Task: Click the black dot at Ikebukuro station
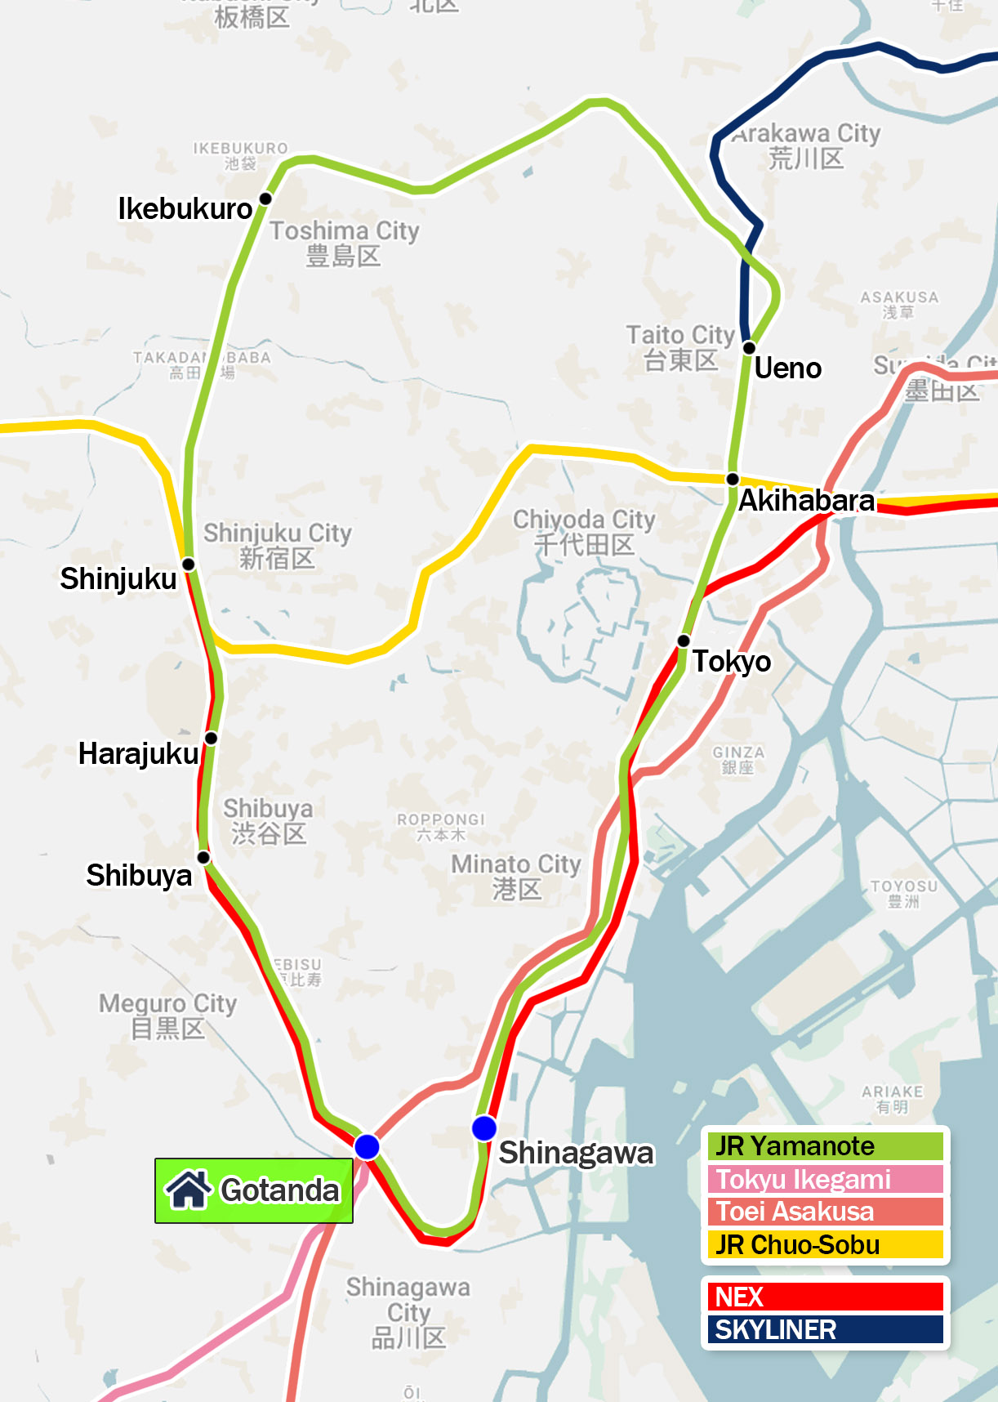tap(265, 199)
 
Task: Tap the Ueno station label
tap(787, 368)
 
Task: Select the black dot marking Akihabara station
tap(733, 479)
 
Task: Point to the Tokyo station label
tap(732, 661)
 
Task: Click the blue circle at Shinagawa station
tap(484, 1128)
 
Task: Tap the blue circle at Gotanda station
tap(367, 1147)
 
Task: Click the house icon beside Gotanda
tap(189, 1190)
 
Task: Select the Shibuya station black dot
tap(203, 857)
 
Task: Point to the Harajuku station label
tap(138, 753)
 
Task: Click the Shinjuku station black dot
tap(188, 565)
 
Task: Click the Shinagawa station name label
tap(577, 1153)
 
